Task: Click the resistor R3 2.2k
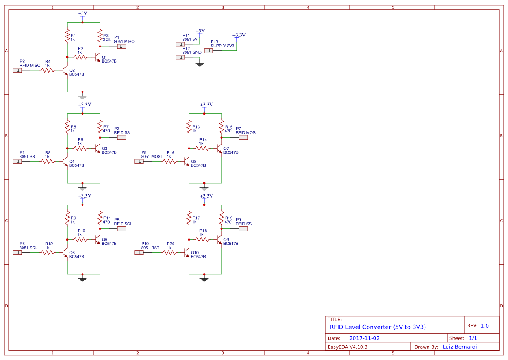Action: [100, 35]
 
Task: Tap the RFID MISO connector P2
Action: [17, 70]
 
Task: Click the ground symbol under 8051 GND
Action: [200, 65]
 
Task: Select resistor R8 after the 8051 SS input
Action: [48, 161]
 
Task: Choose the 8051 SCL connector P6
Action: [17, 252]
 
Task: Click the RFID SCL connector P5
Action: [122, 228]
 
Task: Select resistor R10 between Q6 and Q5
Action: [80, 239]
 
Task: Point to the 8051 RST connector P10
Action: [139, 252]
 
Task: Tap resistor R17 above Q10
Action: [189, 218]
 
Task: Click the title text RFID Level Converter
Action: [377, 327]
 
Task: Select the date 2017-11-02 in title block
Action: [364, 338]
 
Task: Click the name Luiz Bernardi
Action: [459, 347]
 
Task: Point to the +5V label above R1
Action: [83, 13]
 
